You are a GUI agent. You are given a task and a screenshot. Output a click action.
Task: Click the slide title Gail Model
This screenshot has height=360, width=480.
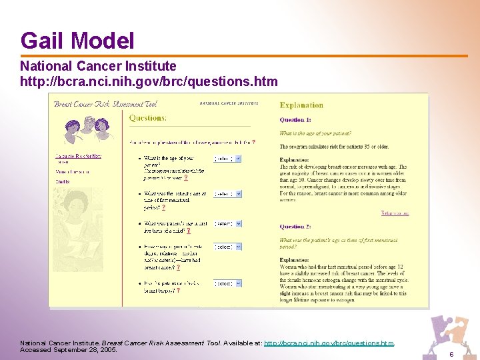pyautogui.click(x=77, y=41)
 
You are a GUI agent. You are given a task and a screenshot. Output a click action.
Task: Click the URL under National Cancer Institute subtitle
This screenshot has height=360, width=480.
pyautogui.click(x=149, y=81)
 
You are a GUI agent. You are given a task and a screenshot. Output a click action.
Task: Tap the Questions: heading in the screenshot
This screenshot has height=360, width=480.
pyautogui.click(x=148, y=118)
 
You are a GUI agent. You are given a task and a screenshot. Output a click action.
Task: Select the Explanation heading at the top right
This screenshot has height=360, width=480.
pyautogui.click(x=301, y=105)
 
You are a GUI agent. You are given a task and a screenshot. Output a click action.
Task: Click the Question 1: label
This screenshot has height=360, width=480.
pyautogui.click(x=295, y=120)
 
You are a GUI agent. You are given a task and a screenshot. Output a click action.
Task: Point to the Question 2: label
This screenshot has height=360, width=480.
pyautogui.click(x=295, y=227)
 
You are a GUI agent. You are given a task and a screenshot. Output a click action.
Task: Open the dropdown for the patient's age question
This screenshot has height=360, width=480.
pyautogui.click(x=227, y=159)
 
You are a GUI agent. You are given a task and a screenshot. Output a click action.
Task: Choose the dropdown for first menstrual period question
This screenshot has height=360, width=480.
pyautogui.click(x=227, y=194)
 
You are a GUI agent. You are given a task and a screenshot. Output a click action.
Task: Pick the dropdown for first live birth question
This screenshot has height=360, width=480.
pyautogui.click(x=227, y=224)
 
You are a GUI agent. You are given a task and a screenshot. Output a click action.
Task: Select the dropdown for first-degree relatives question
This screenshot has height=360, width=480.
pyautogui.click(x=227, y=247)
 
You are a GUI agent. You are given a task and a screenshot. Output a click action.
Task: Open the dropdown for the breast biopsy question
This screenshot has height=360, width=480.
pyautogui.click(x=227, y=283)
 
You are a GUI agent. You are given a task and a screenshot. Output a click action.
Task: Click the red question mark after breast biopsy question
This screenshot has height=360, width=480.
pyautogui.click(x=178, y=291)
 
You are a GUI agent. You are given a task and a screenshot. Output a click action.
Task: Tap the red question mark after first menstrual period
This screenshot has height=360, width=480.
pyautogui.click(x=164, y=208)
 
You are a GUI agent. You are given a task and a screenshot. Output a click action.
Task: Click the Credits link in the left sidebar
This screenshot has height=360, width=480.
pyautogui.click(x=62, y=181)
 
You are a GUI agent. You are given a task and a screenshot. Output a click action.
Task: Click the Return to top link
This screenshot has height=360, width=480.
pyautogui.click(x=395, y=213)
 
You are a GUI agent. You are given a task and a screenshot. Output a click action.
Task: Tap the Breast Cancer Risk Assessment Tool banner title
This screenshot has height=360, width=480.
pyautogui.click(x=105, y=103)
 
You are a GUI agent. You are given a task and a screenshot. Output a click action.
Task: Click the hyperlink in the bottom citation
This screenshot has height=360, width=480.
pyautogui.click(x=329, y=343)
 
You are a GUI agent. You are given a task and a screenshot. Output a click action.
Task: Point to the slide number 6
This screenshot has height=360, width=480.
pyautogui.click(x=451, y=354)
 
